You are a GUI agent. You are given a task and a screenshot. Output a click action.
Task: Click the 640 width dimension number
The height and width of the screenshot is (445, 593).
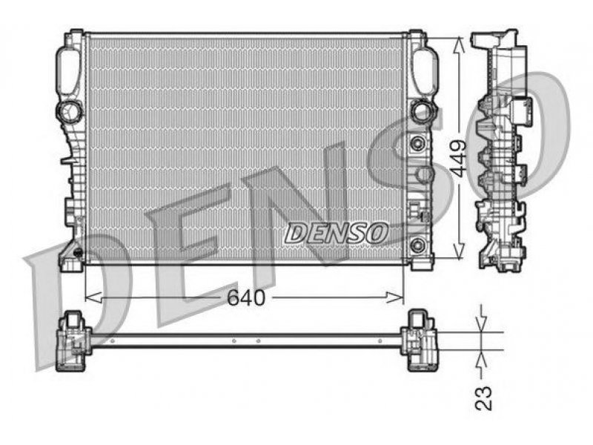246,298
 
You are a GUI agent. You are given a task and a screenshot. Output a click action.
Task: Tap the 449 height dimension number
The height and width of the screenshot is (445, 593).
459,159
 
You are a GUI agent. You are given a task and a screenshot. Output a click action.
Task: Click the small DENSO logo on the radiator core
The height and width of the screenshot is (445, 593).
337,233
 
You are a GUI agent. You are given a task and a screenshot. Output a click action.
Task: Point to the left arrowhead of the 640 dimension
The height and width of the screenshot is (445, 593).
93,297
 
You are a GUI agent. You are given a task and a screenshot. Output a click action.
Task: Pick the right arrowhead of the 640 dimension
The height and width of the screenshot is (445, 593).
396,297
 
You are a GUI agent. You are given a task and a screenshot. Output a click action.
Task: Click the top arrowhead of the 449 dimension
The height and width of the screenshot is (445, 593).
458,46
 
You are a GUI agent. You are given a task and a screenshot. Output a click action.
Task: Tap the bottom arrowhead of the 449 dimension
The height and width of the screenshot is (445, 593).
458,251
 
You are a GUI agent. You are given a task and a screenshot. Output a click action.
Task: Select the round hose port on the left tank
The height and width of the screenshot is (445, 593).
69,112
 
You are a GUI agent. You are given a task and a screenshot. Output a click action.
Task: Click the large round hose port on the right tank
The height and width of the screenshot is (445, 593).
423,111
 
